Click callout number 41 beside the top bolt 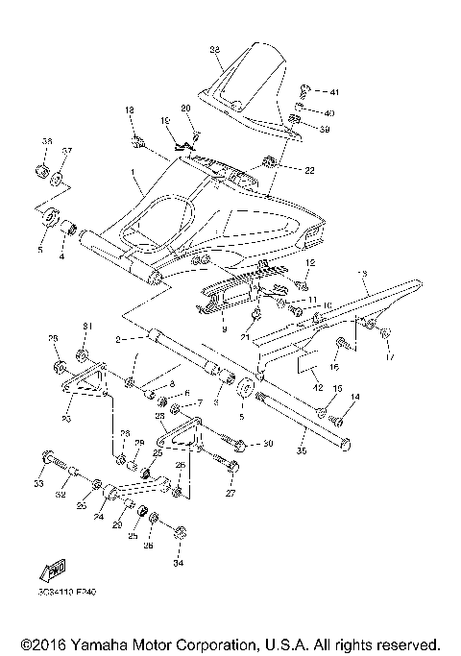[x=334, y=92]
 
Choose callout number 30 [x=269, y=444]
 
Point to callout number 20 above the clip [x=186, y=109]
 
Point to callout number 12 [x=310, y=262]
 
